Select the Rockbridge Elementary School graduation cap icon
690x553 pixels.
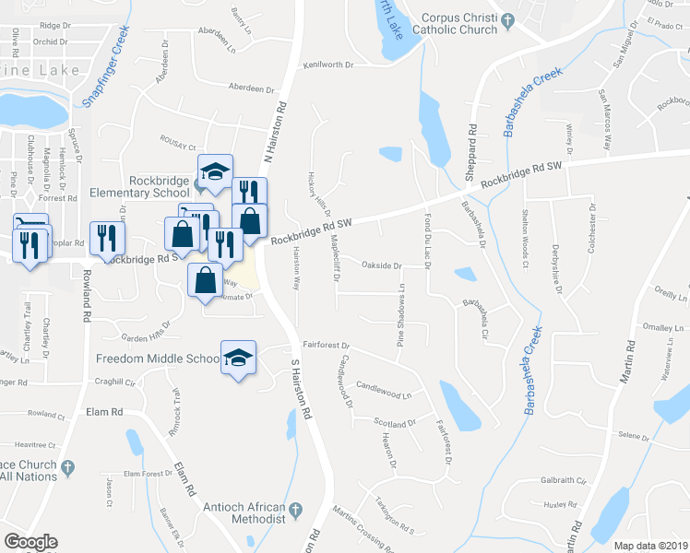pos(215,172)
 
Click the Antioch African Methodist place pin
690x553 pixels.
pos(296,509)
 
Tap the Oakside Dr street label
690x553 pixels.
pos(382,265)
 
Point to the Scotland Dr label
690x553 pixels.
pos(396,423)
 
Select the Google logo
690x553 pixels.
pos(30,542)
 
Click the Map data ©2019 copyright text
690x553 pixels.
pos(650,546)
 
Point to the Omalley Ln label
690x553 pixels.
pos(662,328)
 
